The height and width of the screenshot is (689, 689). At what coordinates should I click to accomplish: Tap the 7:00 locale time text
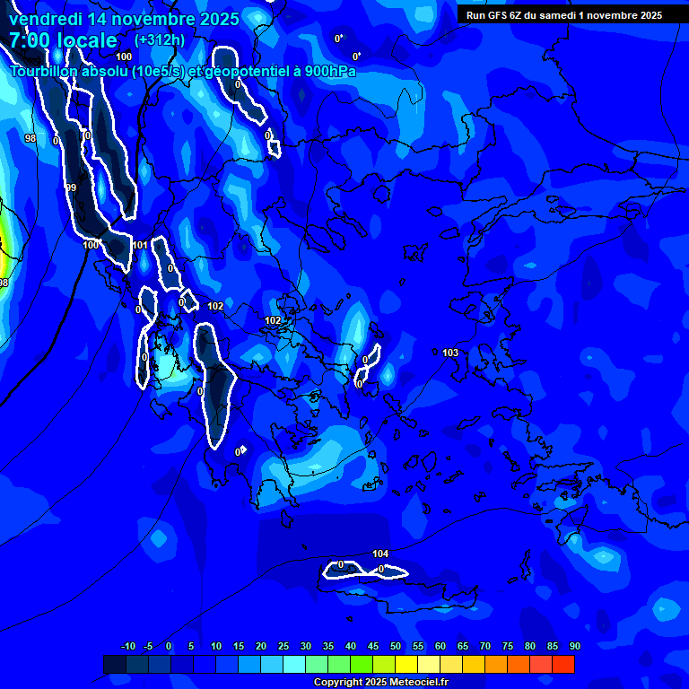pos(63,40)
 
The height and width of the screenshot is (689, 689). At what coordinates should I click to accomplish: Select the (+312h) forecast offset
pos(159,40)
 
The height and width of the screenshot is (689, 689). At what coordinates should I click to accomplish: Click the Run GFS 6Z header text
pos(501,15)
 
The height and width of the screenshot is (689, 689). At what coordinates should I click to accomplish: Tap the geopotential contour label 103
pos(450,353)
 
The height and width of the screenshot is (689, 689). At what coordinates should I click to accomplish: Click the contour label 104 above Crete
pos(380,554)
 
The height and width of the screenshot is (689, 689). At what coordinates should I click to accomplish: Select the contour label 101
pos(140,245)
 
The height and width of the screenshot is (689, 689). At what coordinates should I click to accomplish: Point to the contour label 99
pos(71,188)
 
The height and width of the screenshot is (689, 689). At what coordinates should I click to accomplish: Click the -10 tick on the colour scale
pos(127,646)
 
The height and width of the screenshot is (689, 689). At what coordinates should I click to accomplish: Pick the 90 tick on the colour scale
pos(574,646)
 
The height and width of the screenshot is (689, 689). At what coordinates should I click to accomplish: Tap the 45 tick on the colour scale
pos(372,646)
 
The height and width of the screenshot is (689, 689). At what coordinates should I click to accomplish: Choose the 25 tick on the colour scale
pos(283,646)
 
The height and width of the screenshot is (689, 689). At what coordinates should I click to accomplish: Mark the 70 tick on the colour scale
pos(484,646)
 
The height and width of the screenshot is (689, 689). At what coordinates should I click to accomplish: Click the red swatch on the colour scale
pos(563,664)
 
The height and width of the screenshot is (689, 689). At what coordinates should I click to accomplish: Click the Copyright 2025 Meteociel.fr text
pos(380,682)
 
